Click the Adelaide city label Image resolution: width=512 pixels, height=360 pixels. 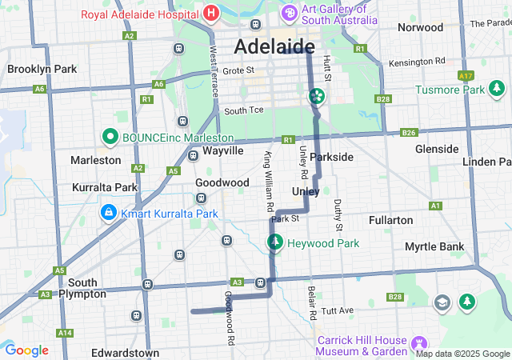(274, 46)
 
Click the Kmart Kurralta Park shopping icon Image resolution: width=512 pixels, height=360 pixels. (108, 214)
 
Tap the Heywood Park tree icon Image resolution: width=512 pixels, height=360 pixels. (274, 242)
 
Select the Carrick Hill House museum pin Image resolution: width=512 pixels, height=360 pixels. (417, 344)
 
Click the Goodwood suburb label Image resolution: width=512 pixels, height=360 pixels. (222, 182)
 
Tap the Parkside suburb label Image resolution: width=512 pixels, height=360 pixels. (331, 157)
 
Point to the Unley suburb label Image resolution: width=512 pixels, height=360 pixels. (306, 191)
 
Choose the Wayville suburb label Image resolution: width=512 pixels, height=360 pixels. (223, 150)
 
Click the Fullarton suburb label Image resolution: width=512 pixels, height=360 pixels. (390, 219)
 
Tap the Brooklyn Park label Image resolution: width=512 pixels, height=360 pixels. (42, 69)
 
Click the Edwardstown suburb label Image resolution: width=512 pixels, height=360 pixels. (125, 352)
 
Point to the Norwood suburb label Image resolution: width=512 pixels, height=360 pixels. (420, 27)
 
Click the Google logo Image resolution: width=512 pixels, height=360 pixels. (26, 350)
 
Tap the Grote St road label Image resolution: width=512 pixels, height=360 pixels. (238, 70)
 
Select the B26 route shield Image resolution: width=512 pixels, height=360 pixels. (409, 132)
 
